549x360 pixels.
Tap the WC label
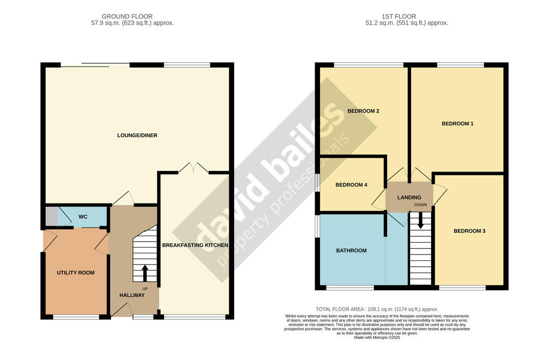(83, 217)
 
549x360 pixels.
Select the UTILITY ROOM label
(76, 273)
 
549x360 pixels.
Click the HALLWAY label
(132, 295)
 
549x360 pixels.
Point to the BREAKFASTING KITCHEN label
(195, 245)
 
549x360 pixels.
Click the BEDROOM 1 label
(457, 124)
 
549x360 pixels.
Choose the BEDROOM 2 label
(363, 111)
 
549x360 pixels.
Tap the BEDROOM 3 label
(469, 231)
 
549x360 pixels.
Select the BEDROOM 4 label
(351, 185)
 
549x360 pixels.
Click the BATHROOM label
(351, 251)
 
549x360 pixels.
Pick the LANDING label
(409, 198)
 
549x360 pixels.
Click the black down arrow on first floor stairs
(420, 221)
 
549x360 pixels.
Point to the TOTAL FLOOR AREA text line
(377, 309)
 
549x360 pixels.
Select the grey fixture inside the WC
(51, 217)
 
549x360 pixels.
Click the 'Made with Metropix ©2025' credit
(377, 337)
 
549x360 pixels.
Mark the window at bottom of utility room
(76, 317)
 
